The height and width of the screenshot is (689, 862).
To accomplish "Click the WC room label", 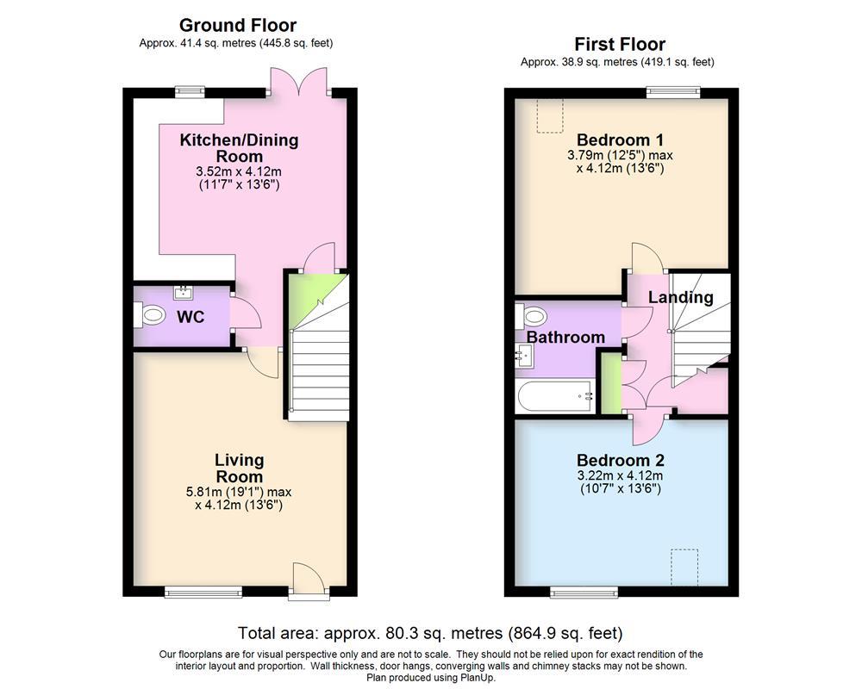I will point(191,317).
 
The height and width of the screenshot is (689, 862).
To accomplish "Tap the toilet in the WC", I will point(150,316).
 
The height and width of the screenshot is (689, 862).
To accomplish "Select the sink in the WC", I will point(183,293).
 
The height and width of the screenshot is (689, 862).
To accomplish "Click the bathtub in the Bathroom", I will point(556,397).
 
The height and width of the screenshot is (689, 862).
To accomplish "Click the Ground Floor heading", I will point(237,26).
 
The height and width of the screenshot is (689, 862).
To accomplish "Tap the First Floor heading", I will point(620,44).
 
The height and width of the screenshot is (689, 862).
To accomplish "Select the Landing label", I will point(680,298).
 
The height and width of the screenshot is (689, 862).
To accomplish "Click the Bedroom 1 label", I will point(620,140).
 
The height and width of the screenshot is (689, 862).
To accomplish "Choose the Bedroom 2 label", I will point(620,460).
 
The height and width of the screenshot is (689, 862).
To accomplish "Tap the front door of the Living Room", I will point(308,578).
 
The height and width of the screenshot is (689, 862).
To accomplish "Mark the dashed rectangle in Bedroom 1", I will point(547,115).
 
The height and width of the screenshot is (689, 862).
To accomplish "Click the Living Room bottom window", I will point(203,591).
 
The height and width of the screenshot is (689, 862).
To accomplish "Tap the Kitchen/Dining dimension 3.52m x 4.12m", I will point(239,171).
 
